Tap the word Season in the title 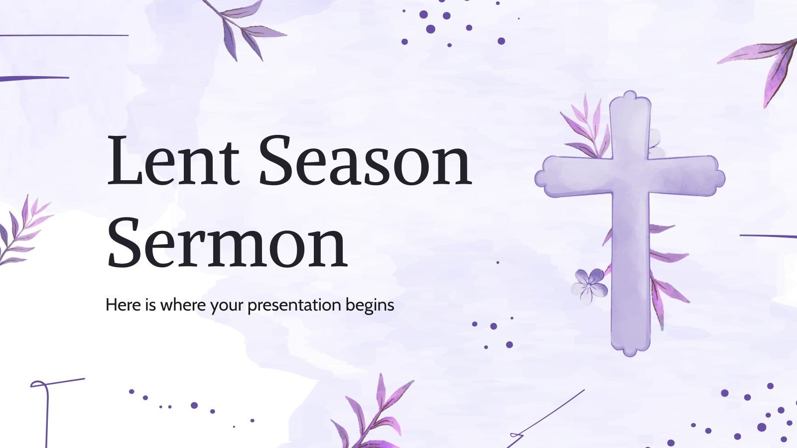(x=364, y=159)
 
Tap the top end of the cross (x=630, y=107)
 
